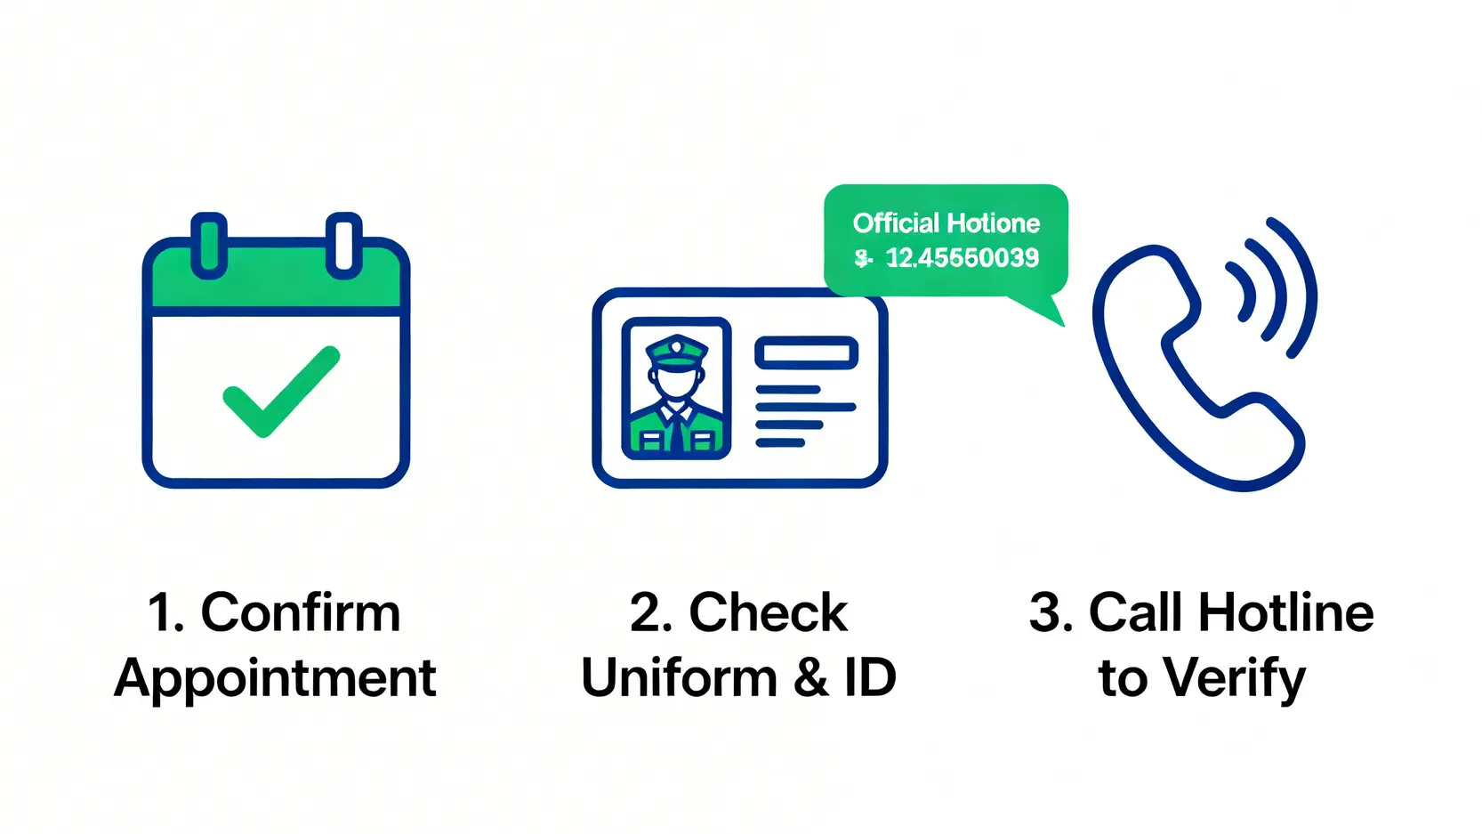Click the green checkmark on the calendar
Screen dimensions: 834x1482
point(279,393)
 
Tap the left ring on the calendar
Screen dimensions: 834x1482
point(209,244)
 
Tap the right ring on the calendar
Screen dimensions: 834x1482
point(343,244)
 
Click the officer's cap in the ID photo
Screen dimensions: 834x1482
point(677,351)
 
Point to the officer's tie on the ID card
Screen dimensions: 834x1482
point(678,432)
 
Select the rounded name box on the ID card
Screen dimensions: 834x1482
point(806,352)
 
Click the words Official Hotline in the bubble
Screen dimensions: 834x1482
point(946,223)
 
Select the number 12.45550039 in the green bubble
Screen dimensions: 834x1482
point(962,258)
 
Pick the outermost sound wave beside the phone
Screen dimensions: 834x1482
point(1300,285)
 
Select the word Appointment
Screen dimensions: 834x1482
point(276,678)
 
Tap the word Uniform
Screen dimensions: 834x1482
point(680,678)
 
